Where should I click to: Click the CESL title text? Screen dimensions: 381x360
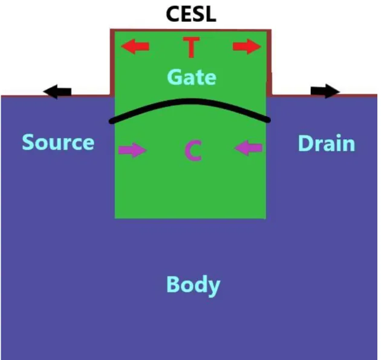191,14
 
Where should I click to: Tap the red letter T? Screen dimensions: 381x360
191,47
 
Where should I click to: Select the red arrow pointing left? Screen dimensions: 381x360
135,46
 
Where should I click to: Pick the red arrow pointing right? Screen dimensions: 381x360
247,46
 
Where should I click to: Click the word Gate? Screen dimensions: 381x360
192,77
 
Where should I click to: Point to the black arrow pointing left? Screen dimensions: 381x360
57,91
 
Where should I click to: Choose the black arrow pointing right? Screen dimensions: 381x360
325,91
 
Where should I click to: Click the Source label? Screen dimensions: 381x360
58,142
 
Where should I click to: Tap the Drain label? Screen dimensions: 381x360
327,143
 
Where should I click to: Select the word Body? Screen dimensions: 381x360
193,286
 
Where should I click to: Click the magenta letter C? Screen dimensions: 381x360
193,151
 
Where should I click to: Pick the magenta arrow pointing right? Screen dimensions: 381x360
132,150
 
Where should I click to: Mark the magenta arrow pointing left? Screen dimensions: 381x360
249,148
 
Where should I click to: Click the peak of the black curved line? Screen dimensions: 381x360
189,100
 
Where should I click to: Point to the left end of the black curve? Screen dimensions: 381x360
111,121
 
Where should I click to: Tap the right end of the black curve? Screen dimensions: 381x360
269,120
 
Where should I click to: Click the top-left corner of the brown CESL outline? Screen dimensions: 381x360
111,30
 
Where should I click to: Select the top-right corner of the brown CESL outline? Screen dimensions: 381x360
270,30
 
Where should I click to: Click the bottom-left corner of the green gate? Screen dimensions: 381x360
115,218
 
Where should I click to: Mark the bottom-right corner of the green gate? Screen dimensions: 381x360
266,218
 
